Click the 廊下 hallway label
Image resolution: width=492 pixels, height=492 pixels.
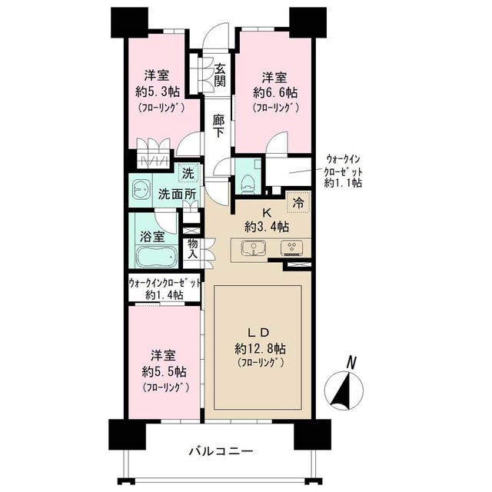[x=221, y=126]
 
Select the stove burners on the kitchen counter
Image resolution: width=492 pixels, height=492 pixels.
[x=293, y=248]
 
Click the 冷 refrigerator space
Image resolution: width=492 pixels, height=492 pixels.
[x=298, y=205]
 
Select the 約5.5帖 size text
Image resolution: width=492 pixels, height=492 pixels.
[x=165, y=372]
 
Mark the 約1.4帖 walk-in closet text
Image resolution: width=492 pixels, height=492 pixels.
[x=165, y=294]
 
